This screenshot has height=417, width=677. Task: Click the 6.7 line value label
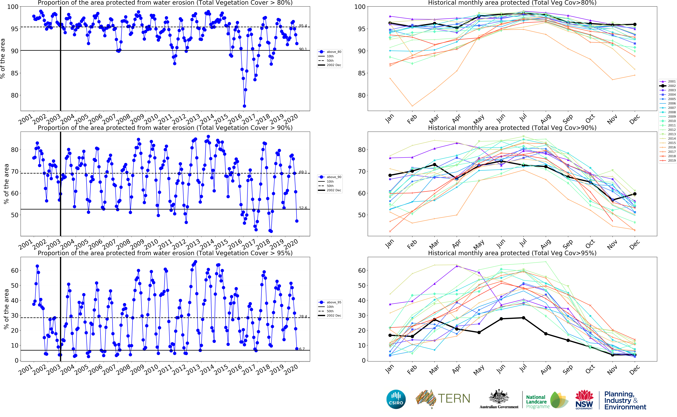point(302,349)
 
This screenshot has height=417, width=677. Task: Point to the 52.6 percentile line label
point(303,208)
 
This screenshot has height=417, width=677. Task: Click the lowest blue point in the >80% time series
point(244,106)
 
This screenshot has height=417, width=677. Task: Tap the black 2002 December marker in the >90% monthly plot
point(635,194)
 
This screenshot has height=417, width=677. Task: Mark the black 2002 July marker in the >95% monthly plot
point(523,318)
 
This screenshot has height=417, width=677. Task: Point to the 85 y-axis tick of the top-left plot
point(14,73)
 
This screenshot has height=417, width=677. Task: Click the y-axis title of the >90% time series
point(6,184)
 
